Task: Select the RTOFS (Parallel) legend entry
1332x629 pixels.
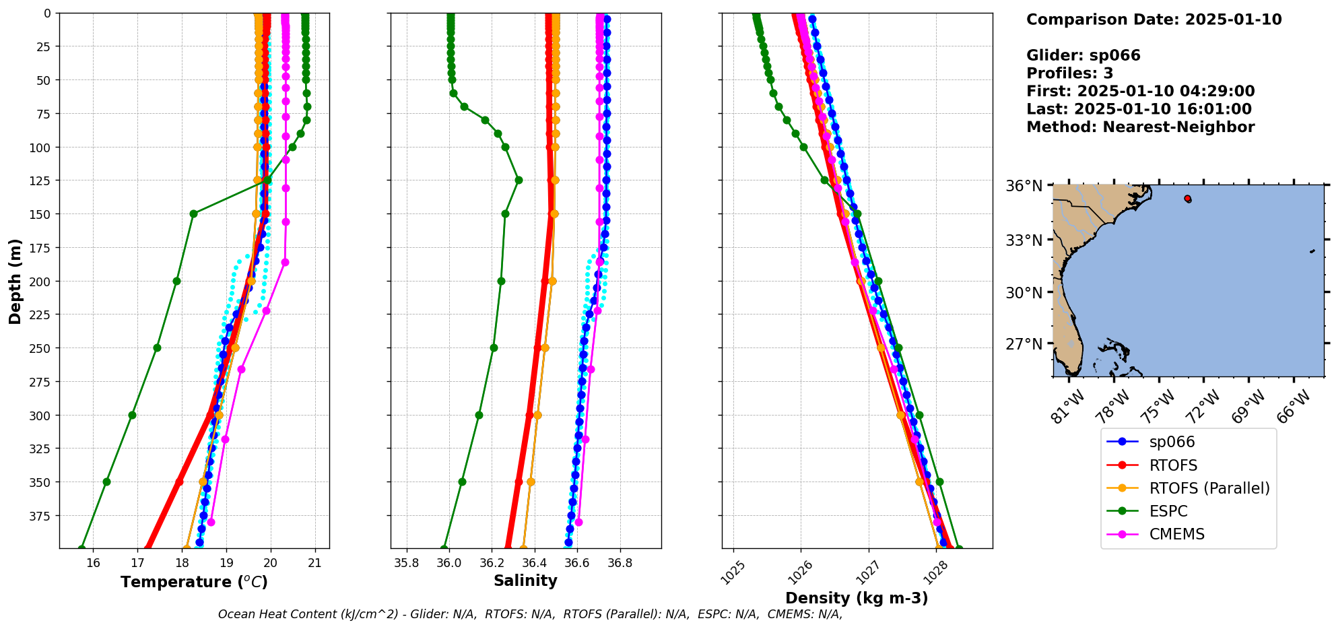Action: tap(1209, 488)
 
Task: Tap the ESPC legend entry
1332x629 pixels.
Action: tap(1168, 511)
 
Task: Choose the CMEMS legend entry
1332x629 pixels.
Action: tap(1176, 534)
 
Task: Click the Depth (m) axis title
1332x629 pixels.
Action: tap(15, 281)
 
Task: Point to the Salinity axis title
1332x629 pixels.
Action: tap(525, 581)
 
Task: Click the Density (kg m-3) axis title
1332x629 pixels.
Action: tap(857, 598)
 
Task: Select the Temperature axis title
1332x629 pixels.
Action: tap(194, 582)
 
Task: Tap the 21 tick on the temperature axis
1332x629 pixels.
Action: tap(314, 563)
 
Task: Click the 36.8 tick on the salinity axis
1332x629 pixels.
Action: tap(620, 563)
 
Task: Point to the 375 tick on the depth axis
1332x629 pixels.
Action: tap(41, 516)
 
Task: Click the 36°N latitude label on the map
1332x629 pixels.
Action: tap(1024, 186)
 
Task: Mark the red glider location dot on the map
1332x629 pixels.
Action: tap(1187, 199)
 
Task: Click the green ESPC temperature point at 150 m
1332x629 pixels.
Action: tap(193, 214)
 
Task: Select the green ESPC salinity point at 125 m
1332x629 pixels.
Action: tap(519, 180)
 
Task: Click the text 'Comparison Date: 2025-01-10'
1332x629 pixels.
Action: tap(1154, 20)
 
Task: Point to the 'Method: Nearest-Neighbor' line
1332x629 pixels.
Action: tap(1140, 127)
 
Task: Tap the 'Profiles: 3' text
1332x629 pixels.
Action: tap(1069, 73)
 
